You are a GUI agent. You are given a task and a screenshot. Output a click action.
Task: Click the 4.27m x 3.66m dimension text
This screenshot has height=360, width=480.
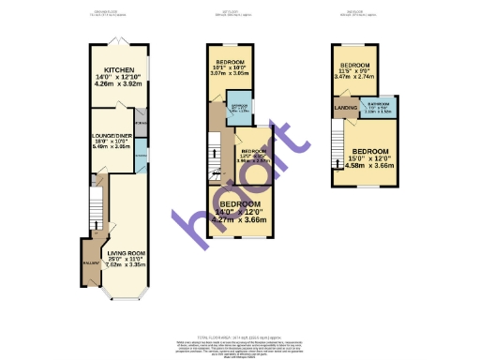[240, 220]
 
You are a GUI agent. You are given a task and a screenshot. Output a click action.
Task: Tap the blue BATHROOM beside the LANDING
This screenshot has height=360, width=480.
[379, 105]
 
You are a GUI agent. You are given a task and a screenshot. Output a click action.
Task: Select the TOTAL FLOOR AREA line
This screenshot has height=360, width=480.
[240, 336]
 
